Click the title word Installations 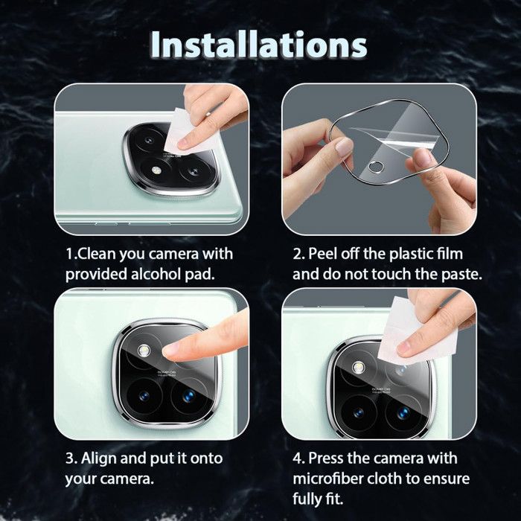pyautogui.click(x=259, y=45)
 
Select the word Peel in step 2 pyautogui.click(x=321, y=254)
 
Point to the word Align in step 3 pyautogui.click(x=99, y=458)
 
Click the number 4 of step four pyautogui.click(x=296, y=458)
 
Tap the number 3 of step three pyautogui.click(x=69, y=458)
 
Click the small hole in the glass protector pyautogui.click(x=376, y=166)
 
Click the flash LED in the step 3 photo pyautogui.click(x=144, y=351)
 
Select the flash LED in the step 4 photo pyautogui.click(x=358, y=368)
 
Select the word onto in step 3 pyautogui.click(x=206, y=458)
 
